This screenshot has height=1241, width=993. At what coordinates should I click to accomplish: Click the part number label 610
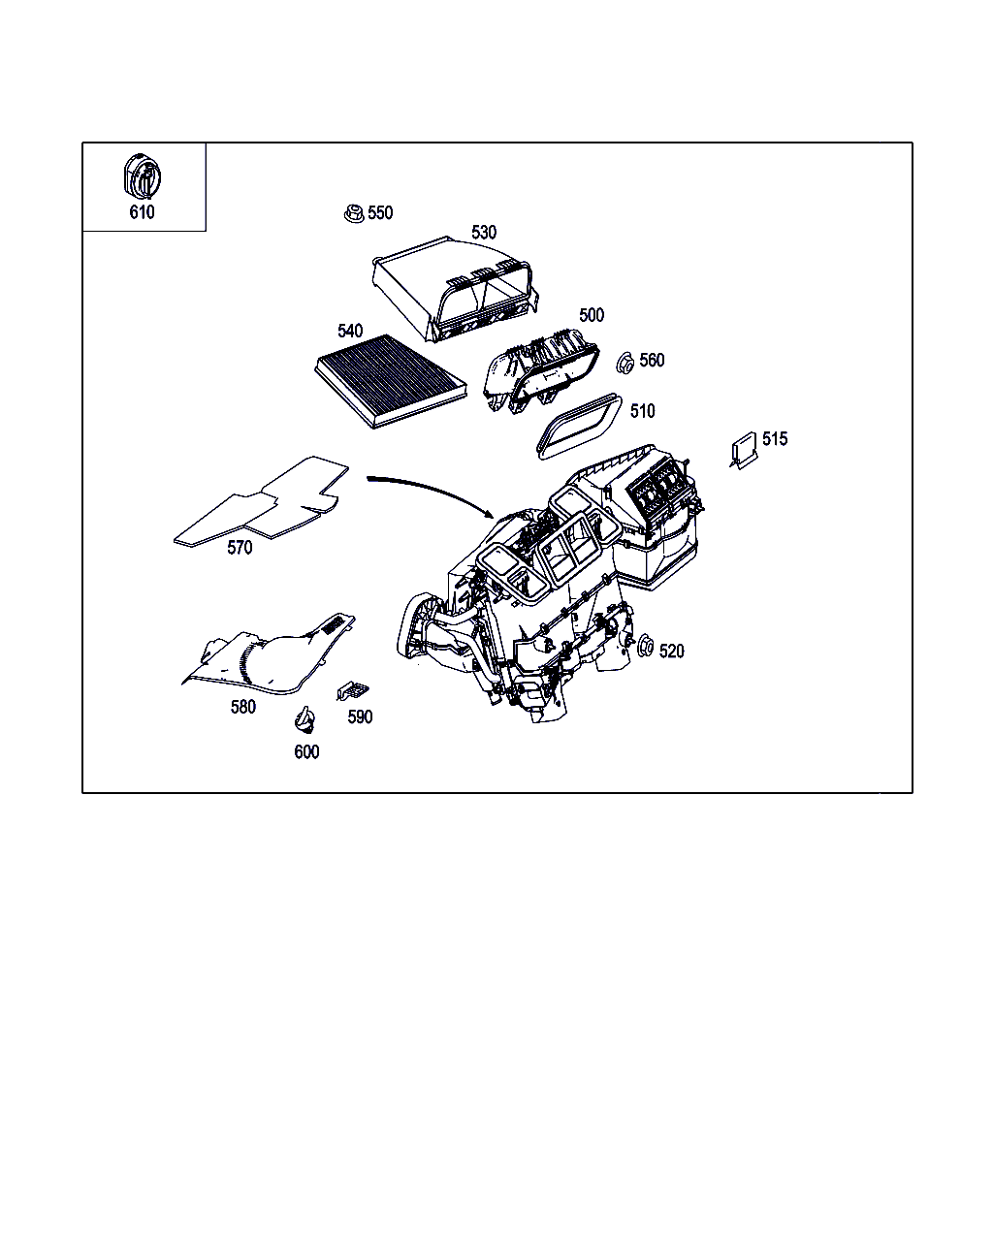click(x=142, y=212)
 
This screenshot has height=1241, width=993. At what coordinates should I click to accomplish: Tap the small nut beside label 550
click(x=354, y=213)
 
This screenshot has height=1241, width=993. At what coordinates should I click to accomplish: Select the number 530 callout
click(x=484, y=232)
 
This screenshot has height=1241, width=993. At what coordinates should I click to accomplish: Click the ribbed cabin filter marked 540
click(x=391, y=380)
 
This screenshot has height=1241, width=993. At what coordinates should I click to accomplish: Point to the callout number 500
click(x=592, y=315)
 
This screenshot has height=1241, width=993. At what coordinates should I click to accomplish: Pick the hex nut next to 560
click(x=625, y=363)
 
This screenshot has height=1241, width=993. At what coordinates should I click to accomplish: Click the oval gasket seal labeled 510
click(x=579, y=427)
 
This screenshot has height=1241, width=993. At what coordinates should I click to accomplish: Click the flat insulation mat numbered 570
click(x=261, y=501)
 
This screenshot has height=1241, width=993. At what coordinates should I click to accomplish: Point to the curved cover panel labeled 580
click(x=269, y=654)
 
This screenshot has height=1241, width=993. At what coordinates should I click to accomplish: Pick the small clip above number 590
click(x=352, y=689)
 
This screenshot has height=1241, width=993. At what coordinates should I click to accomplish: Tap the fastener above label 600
click(x=304, y=719)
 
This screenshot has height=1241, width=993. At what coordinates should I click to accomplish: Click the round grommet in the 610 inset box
click(x=142, y=175)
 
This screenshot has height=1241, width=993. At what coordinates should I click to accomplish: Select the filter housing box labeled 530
click(x=455, y=288)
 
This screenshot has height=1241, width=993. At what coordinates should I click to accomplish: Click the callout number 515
click(x=774, y=439)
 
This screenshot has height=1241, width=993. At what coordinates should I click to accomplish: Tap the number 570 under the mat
click(x=240, y=547)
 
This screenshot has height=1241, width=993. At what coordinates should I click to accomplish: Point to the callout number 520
click(x=671, y=652)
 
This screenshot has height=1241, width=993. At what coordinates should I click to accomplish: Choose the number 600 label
click(x=306, y=752)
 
